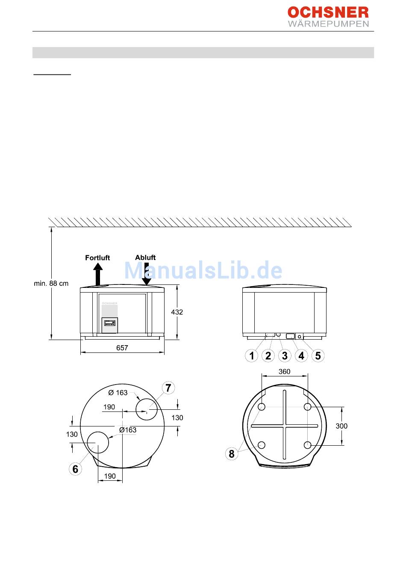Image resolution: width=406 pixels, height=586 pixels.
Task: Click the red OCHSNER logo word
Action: tap(328, 12)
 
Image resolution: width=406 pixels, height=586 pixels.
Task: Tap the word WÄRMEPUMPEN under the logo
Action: tap(328, 24)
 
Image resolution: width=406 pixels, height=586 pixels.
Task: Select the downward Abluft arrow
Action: tap(147, 274)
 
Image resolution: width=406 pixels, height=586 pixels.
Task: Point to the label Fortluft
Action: tap(97, 257)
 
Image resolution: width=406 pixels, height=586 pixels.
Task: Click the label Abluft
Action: tap(145, 257)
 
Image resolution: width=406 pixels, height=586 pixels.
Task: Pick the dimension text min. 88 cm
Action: tap(51, 283)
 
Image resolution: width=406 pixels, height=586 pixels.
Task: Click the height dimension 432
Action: tap(177, 312)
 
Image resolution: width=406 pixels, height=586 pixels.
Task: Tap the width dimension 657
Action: tap(122, 348)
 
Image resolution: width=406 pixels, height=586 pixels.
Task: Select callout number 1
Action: tap(251, 356)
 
